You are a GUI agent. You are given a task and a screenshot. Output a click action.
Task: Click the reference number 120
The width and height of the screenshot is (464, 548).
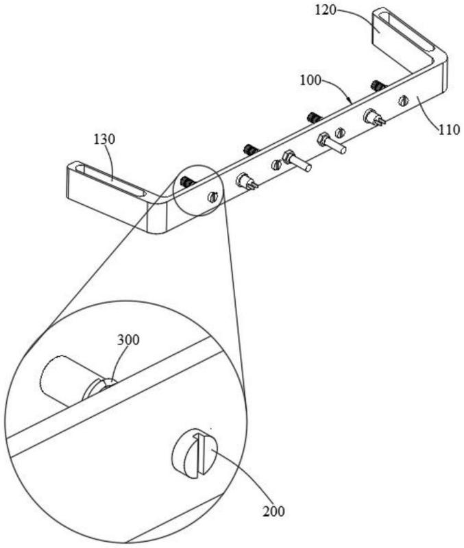click(x=325, y=10)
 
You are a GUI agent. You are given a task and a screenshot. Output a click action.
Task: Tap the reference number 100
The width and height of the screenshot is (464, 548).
click(x=310, y=80)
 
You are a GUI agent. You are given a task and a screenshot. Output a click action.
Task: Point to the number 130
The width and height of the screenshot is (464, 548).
click(x=104, y=139)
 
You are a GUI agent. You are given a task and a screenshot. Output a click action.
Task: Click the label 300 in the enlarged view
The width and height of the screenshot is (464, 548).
click(x=128, y=340)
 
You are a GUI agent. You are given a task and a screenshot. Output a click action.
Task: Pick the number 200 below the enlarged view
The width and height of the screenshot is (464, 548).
click(x=273, y=512)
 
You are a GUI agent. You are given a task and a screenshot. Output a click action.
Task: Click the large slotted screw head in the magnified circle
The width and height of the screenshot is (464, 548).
click(x=195, y=453)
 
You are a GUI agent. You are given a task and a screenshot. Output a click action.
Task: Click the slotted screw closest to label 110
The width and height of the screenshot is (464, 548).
click(x=403, y=101)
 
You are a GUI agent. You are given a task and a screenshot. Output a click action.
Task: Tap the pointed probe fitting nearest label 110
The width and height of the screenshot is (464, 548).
click(x=374, y=117)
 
